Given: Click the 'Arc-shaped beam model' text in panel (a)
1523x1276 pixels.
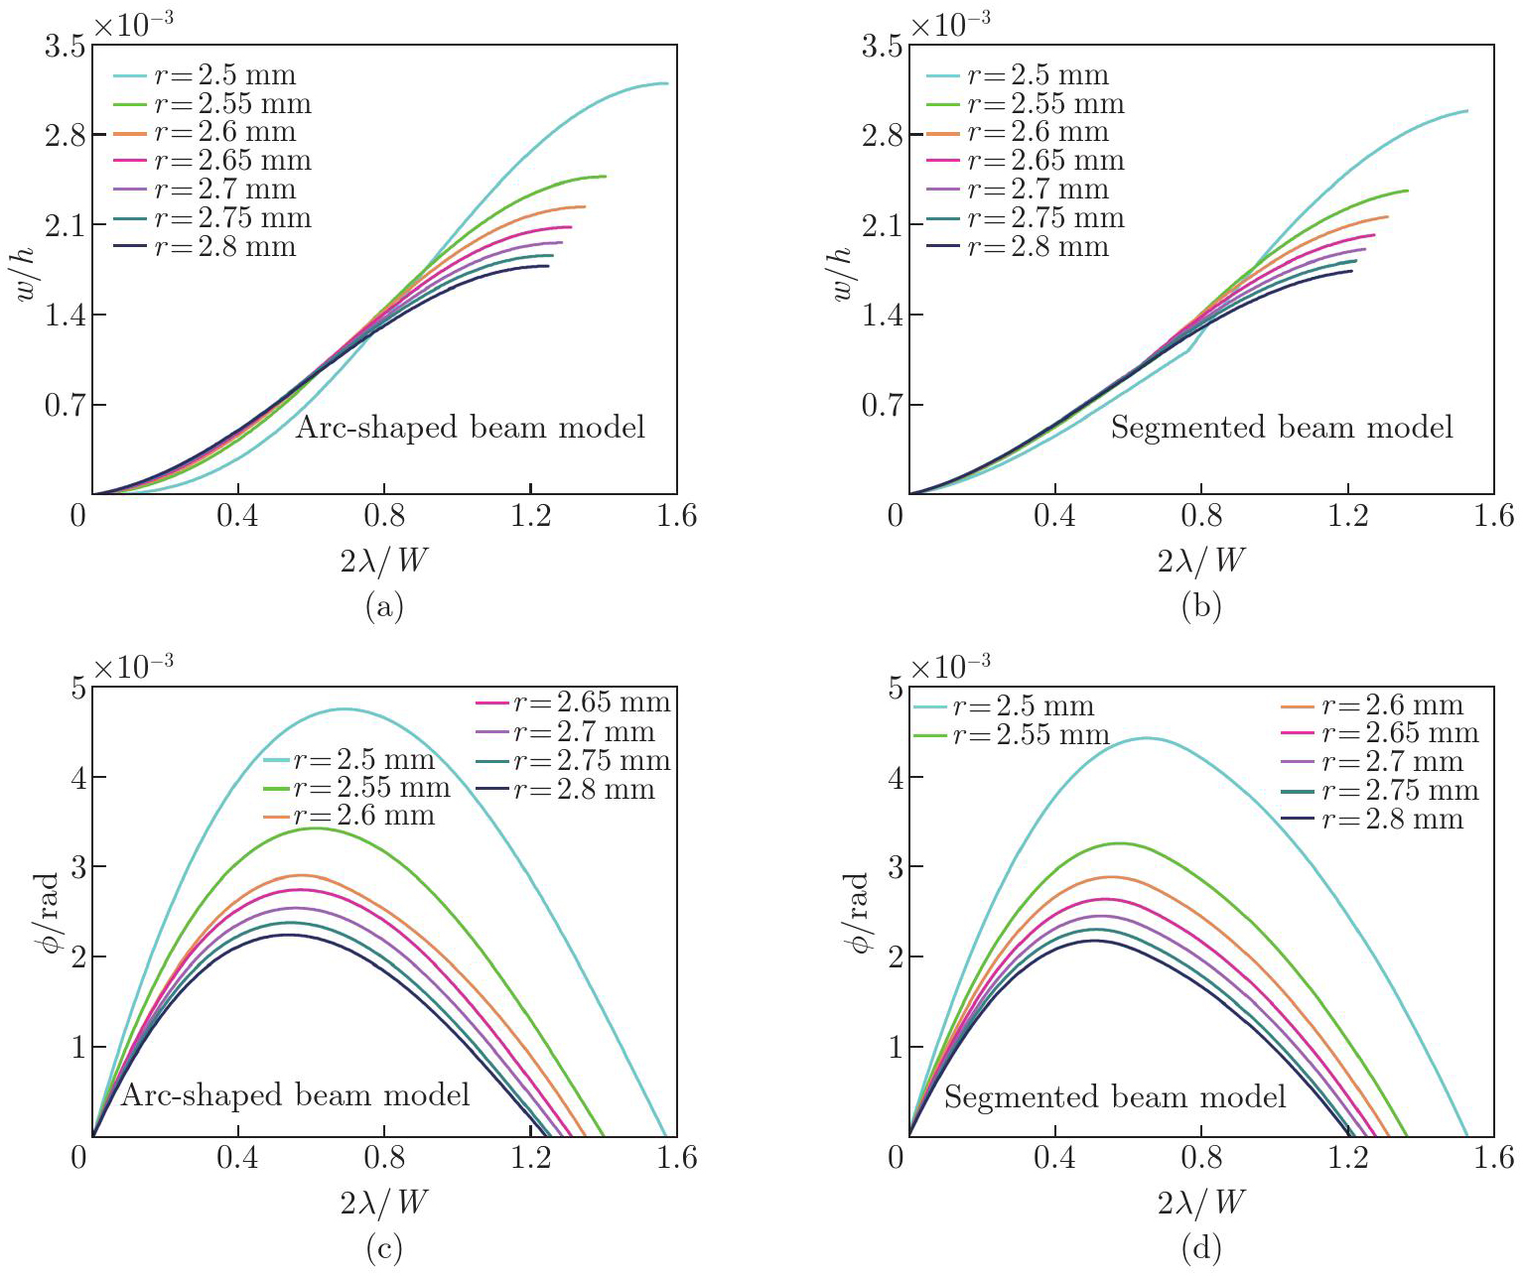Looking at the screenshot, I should click(471, 428).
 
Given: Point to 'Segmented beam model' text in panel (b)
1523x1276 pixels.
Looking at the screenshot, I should click(1281, 428).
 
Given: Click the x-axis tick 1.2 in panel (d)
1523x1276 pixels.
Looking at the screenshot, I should click(1347, 1157).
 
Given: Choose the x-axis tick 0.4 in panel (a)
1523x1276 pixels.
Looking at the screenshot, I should click(237, 515).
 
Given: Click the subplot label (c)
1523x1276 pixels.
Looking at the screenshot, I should click(384, 1248).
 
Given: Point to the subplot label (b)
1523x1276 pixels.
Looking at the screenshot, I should click(1201, 606).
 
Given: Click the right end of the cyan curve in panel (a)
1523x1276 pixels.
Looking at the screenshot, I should click(666, 83).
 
